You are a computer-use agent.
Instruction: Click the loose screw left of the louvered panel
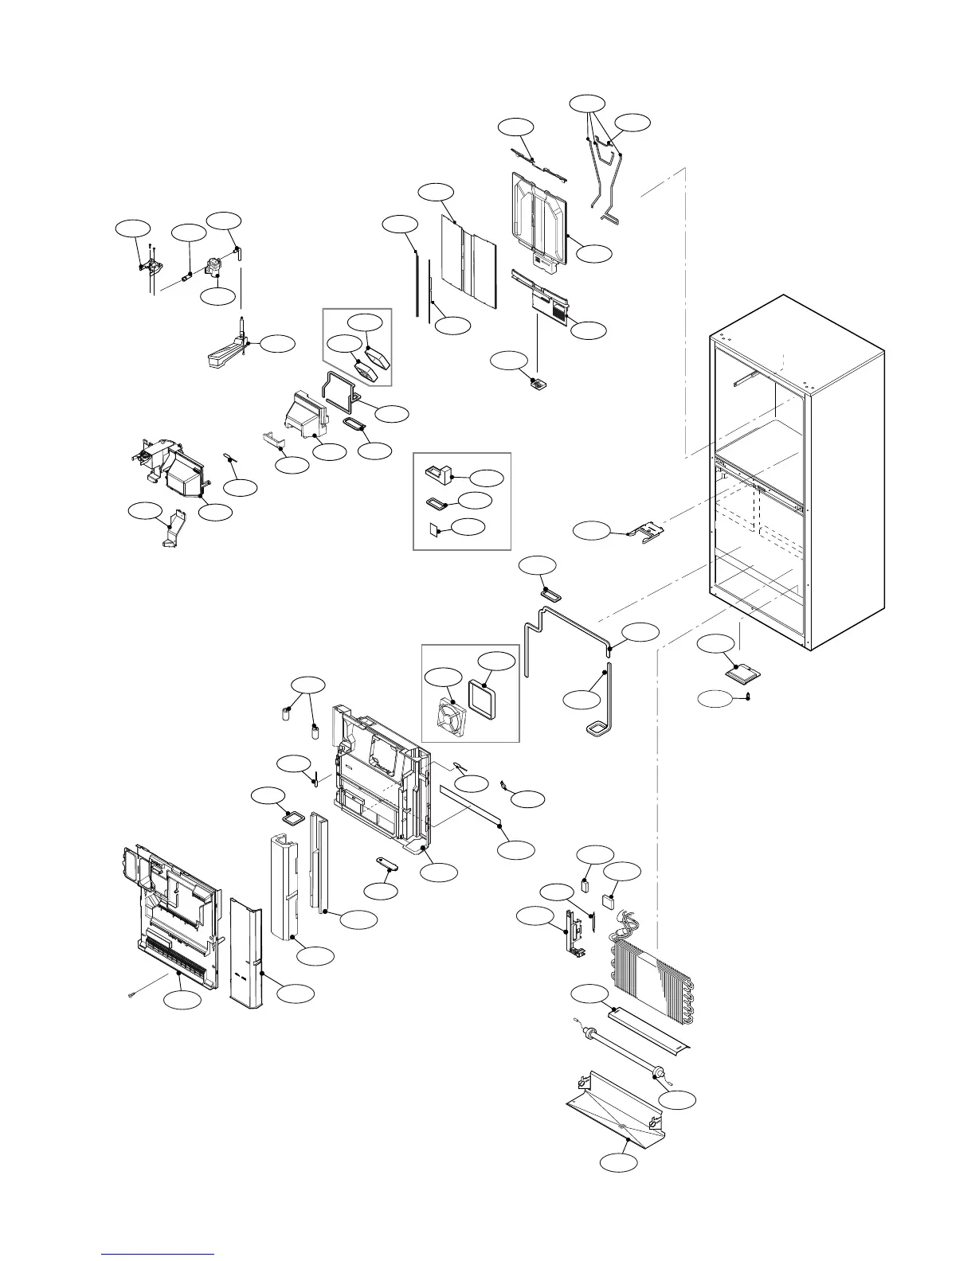click(x=132, y=995)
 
